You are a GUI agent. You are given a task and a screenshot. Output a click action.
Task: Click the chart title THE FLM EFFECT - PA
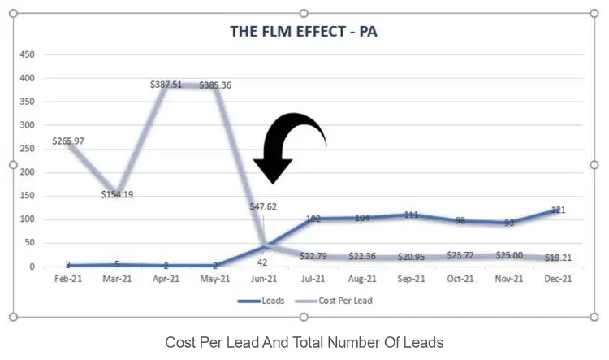point(304,33)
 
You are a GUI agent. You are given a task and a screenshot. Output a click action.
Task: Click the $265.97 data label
point(68,141)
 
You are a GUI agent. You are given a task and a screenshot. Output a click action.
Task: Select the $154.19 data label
point(118,194)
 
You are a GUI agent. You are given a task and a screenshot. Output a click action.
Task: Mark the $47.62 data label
point(263,206)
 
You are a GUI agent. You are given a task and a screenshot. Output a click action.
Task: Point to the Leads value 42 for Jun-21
point(262,262)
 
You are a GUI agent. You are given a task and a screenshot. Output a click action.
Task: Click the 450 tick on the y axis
point(26,54)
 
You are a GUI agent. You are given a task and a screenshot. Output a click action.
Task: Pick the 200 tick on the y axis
point(26,172)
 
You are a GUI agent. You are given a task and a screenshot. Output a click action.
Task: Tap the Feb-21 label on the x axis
point(69,278)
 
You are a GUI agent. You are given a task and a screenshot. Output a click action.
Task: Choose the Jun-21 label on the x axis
point(264,278)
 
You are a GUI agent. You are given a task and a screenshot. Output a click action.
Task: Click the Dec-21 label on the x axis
point(556,278)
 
